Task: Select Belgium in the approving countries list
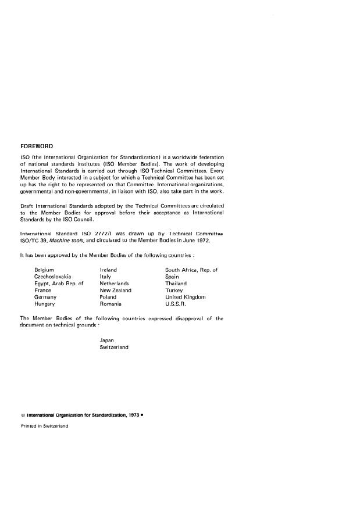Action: (x=44, y=270)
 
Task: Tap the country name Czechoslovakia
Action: (x=52, y=277)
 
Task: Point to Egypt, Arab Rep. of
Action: (x=59, y=284)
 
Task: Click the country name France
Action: (x=42, y=290)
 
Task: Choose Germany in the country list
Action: (x=45, y=297)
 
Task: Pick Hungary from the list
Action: (x=44, y=304)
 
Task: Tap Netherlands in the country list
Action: (x=114, y=284)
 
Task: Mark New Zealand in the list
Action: (x=116, y=290)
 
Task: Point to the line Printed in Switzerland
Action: (x=44, y=426)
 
